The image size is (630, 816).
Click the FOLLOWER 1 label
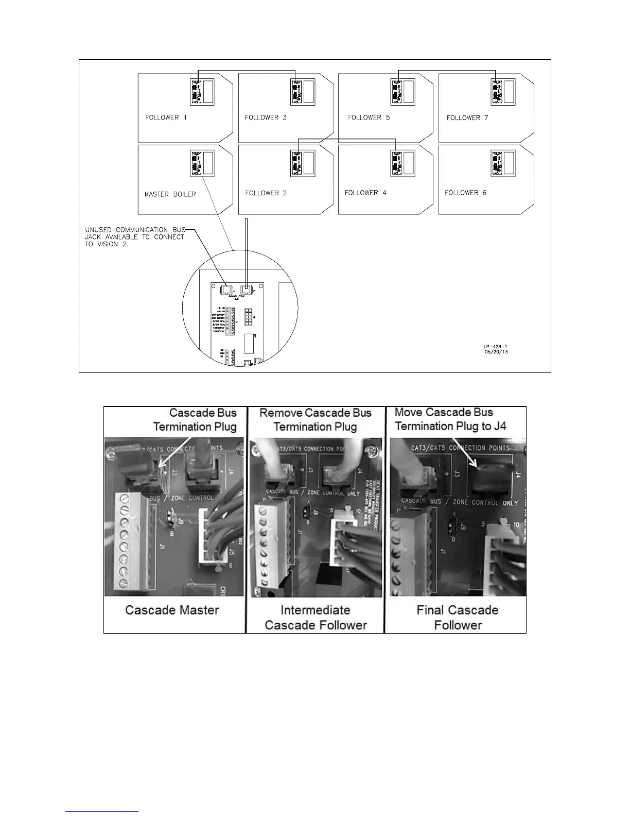tap(166, 117)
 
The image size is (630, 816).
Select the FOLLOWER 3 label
tap(266, 117)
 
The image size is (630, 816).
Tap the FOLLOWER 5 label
tap(369, 117)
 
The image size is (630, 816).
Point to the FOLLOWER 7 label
tap(467, 118)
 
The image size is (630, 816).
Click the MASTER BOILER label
tap(170, 194)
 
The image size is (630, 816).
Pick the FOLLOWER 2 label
tap(266, 193)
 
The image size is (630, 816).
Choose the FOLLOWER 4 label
tap(365, 193)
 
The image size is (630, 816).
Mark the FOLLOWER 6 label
tap(465, 193)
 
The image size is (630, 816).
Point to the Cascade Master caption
tap(172, 610)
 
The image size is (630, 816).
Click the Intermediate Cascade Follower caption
tap(316, 618)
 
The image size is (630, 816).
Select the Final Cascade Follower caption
tap(458, 618)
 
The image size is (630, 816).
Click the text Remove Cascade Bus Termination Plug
tap(315, 420)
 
